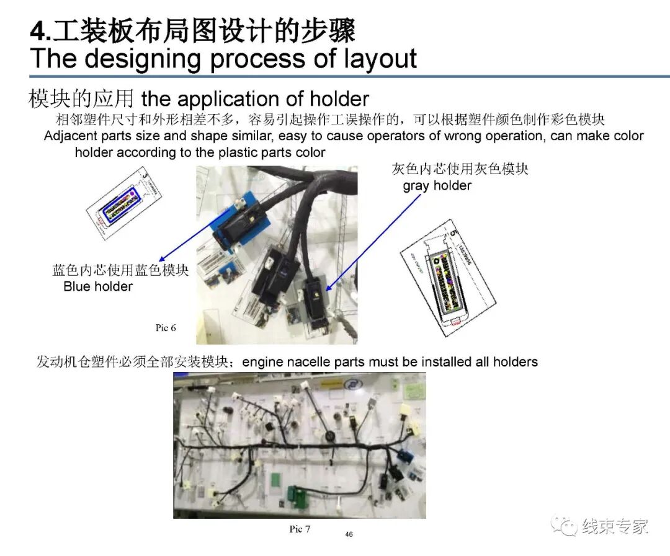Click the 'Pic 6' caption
click(165, 327)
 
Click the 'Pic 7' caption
click(300, 529)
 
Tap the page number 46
click(349, 534)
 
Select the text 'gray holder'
click(437, 185)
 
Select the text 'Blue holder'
click(98, 286)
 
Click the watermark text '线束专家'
click(615, 526)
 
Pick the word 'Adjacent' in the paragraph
click(69, 136)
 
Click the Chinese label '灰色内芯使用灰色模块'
click(460, 169)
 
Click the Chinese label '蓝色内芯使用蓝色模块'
click(120, 270)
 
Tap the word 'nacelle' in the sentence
click(311, 361)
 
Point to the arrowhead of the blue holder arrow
click(161, 260)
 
